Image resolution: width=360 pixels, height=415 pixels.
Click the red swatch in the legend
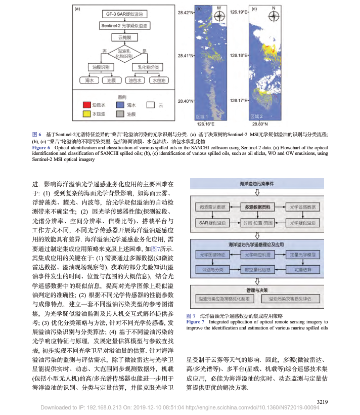tap(87, 104)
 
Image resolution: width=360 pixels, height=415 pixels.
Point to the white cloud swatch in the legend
tap(150, 104)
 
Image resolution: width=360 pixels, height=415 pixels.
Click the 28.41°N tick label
tap(186, 56)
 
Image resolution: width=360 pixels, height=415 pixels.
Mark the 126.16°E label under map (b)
tap(205, 123)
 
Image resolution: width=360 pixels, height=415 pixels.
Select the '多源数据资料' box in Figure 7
tap(257, 207)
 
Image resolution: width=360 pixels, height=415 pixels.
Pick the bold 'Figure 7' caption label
tap(195, 321)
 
